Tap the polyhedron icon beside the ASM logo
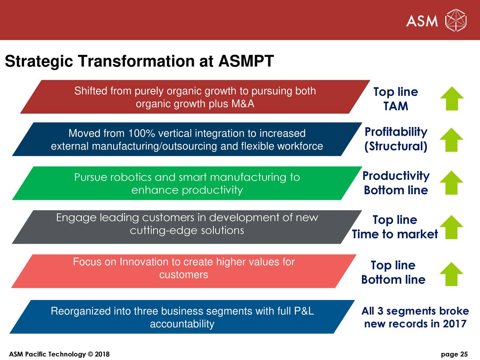456,20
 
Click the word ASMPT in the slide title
246,61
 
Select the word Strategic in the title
39,61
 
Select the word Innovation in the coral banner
144,262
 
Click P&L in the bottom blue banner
304,311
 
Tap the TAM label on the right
396,106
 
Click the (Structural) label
396,146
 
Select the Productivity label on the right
396,175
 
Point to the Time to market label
395,234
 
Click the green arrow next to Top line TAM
452,99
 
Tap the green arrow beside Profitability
451,140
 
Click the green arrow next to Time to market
451,227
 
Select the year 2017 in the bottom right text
454,324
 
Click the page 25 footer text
454,354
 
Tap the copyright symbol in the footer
90,354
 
